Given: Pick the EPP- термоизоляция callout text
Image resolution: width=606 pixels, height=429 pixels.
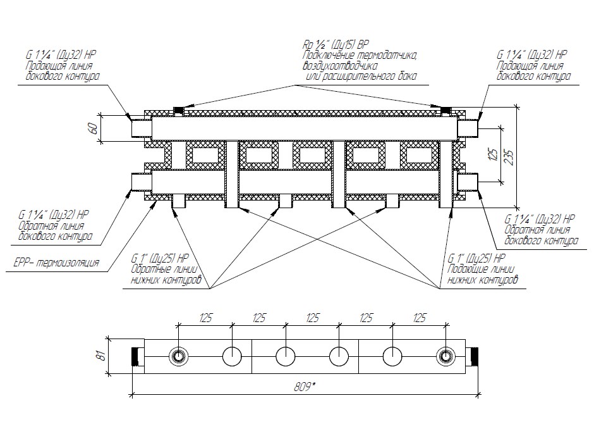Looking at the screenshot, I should [56, 263].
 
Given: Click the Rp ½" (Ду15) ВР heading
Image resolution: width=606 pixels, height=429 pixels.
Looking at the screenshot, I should [336, 46].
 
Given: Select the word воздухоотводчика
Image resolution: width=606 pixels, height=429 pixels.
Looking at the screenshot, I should [340, 66].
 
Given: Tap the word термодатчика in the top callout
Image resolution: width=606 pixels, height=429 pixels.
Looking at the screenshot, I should [390, 56].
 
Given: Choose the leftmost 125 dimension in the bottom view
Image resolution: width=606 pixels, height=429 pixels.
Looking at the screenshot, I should [205, 318].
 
